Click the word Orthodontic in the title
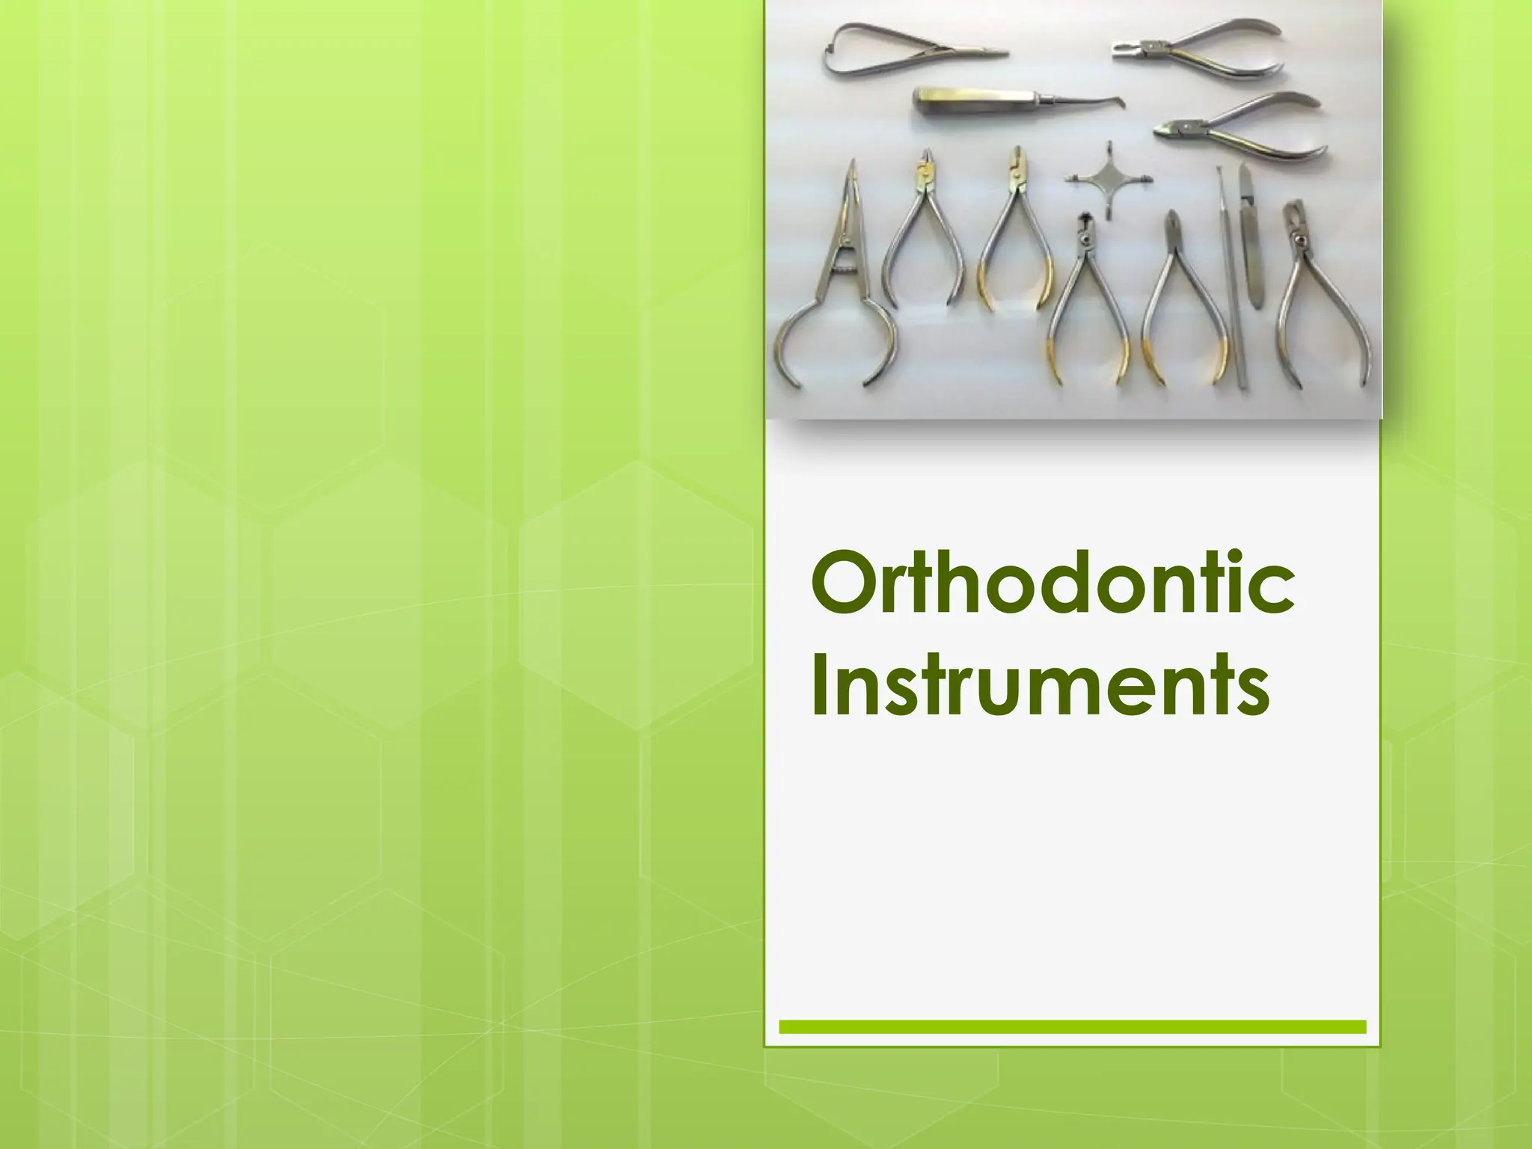click(x=1052, y=582)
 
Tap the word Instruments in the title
click(x=1040, y=685)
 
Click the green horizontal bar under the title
click(x=1072, y=1026)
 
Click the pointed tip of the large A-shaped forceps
click(x=851, y=166)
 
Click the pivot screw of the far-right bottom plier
click(x=1299, y=240)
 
